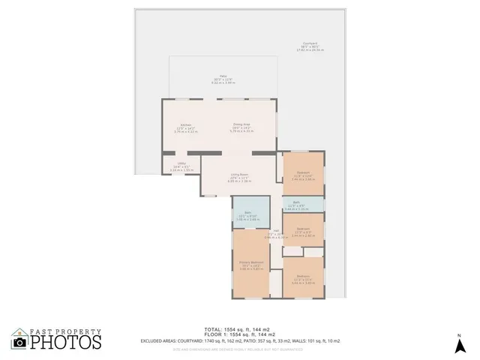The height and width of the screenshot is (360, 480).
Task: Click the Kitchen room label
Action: tap(184, 127)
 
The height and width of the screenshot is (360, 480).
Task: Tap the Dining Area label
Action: tap(241, 127)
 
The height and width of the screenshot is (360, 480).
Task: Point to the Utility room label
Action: tap(181, 167)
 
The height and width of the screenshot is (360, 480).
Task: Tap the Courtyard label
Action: tap(309, 47)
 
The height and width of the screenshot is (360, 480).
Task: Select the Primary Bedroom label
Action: tap(249, 264)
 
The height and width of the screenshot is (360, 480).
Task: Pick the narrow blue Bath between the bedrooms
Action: tap(296, 206)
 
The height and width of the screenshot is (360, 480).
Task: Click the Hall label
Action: tap(276, 233)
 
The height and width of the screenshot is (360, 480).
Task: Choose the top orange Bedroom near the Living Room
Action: tap(302, 177)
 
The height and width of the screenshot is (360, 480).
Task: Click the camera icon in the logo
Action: tap(20, 341)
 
